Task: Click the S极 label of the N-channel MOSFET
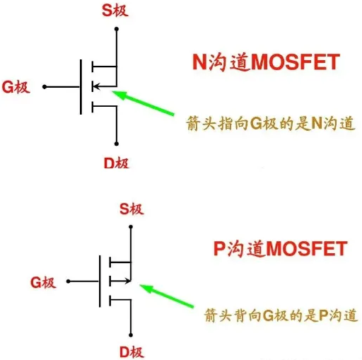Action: pos(115,11)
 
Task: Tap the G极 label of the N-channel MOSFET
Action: pos(16,87)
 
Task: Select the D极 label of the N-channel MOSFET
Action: pos(117,163)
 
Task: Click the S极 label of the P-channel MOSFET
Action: pos(132,209)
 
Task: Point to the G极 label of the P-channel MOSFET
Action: pos(43,282)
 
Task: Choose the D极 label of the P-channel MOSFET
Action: pos(132,352)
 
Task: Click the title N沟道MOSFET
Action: pos(267,62)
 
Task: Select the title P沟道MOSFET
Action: pos(281,248)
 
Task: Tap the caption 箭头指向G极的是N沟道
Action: pos(271,123)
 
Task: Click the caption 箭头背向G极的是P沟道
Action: pos(281,315)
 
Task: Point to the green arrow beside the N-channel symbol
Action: pos(143,103)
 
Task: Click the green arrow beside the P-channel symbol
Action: pos(167,296)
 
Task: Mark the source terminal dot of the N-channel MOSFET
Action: pos(117,29)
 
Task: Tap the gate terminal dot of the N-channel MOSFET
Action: pos(45,87)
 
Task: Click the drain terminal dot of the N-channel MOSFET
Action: pos(117,144)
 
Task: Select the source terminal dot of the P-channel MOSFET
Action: pos(131,227)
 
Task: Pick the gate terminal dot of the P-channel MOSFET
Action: pos(69,281)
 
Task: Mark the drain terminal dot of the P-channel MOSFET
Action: pos(131,335)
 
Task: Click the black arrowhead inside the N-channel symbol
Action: pos(96,86)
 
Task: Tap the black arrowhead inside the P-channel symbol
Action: pos(128,281)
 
